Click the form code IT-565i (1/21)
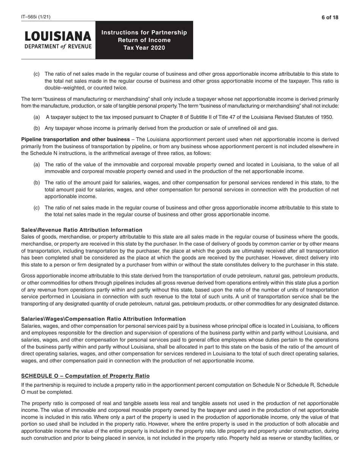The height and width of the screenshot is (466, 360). click(36, 17)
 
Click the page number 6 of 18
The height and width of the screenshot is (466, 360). click(330, 17)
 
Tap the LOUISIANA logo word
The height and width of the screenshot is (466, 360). click(58, 37)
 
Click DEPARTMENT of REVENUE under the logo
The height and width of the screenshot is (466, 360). click(58, 47)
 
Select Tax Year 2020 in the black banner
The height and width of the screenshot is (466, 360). click(144, 48)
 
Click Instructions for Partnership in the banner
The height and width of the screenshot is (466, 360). click(144, 33)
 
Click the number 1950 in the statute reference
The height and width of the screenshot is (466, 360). click(327, 117)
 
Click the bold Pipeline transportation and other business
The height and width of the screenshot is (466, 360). click(75, 139)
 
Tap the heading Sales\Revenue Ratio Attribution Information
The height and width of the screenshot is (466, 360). click(82, 230)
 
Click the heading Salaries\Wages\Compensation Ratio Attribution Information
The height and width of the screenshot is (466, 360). click(103, 319)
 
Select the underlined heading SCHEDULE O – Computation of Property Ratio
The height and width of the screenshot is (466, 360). click(85, 376)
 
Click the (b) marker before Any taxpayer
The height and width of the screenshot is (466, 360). click(37, 128)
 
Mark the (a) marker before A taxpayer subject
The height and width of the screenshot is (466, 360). click(37, 117)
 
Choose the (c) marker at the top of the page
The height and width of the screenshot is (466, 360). click(37, 74)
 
